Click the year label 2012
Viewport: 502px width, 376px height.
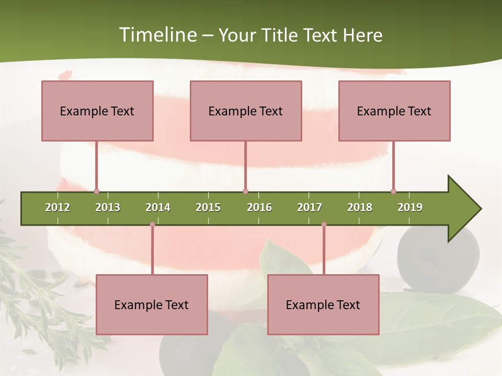click(x=58, y=207)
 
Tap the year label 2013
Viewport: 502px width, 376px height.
click(x=108, y=207)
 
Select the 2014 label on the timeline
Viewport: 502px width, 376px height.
click(x=158, y=207)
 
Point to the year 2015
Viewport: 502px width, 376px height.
click(x=208, y=207)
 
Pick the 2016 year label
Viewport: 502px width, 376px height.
click(x=259, y=207)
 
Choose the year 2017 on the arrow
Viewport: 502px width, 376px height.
click(x=310, y=207)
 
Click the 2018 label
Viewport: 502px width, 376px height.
click(x=360, y=207)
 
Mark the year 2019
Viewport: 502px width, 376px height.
click(x=410, y=207)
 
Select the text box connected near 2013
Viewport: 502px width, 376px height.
click(x=97, y=111)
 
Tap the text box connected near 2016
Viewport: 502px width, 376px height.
click(x=246, y=111)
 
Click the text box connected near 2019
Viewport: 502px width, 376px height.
click(x=394, y=111)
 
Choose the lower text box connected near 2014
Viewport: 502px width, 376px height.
click(x=152, y=304)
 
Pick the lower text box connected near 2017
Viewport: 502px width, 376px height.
click(x=323, y=304)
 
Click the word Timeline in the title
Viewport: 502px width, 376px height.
click(x=157, y=35)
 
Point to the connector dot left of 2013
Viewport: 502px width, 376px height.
click(x=96, y=191)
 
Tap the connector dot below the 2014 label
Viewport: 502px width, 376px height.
click(x=152, y=225)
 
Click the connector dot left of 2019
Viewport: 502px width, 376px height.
click(x=393, y=191)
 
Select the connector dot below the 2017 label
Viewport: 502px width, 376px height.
click(x=324, y=225)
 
